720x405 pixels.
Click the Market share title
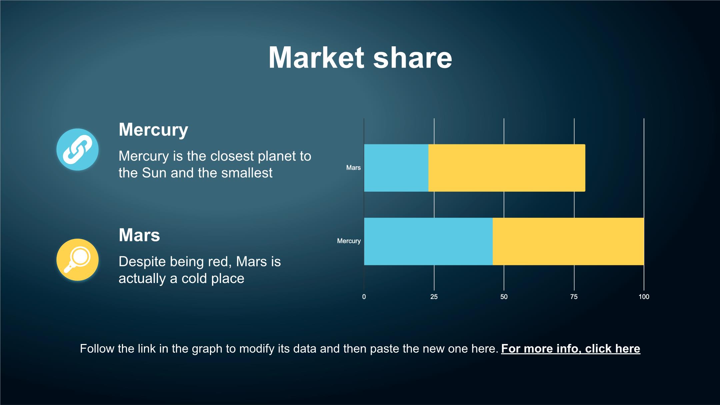[360, 58]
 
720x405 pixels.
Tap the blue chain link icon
[77, 149]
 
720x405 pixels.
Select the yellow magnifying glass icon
[77, 260]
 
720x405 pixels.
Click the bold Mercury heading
[153, 130]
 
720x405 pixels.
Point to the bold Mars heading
[139, 235]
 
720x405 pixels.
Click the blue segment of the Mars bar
[396, 168]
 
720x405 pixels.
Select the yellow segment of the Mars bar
[507, 168]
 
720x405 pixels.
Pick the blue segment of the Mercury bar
[428, 241]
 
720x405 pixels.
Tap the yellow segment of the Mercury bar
[568, 241]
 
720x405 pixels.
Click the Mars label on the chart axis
[353, 168]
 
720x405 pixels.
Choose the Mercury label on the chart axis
[349, 241]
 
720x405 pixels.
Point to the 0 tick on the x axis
[364, 297]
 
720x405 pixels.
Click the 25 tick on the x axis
[434, 297]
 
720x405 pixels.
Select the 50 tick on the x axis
[504, 297]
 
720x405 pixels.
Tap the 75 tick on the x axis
[574, 297]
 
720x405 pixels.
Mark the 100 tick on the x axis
[644, 297]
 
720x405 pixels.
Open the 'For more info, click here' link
[571, 349]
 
